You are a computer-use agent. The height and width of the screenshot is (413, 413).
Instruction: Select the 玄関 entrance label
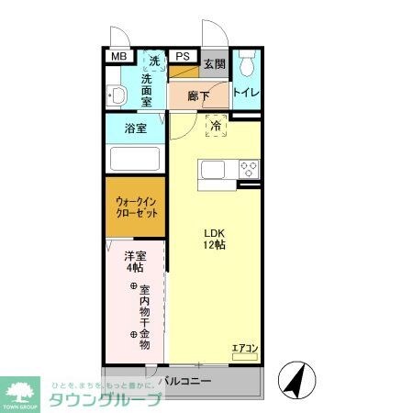click(214, 63)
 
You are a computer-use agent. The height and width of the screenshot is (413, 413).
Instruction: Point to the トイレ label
click(245, 93)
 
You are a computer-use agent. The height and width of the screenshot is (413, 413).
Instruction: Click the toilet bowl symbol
click(245, 64)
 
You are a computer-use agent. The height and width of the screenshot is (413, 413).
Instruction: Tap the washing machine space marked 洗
click(154, 61)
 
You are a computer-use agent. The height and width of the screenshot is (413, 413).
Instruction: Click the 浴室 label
click(135, 128)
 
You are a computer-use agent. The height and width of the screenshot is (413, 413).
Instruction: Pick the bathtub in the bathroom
click(135, 158)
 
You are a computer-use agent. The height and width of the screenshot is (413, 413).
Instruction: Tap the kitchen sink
click(213, 169)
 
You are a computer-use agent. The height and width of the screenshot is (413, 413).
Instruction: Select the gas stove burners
click(248, 169)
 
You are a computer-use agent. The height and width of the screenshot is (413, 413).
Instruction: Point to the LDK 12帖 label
click(215, 239)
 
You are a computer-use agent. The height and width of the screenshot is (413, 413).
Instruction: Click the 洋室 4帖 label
click(134, 262)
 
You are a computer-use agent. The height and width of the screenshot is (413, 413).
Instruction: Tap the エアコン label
click(244, 348)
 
